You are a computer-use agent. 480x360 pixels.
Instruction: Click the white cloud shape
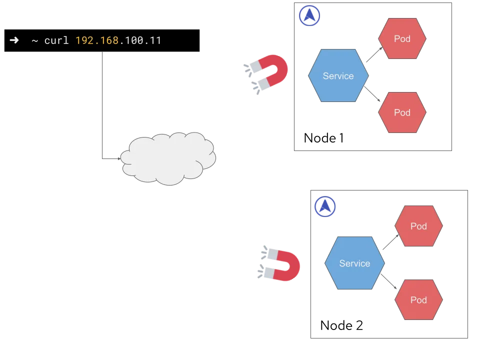click(168, 159)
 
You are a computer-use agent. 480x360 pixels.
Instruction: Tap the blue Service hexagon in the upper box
click(338, 76)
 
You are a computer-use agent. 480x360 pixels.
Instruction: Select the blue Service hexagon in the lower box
click(354, 263)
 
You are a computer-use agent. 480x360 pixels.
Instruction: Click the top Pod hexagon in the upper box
click(402, 38)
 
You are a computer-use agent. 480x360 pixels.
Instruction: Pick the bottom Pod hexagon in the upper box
click(402, 112)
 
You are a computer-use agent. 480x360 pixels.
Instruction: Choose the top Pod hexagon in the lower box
click(418, 226)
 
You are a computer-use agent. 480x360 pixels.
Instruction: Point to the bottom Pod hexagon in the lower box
click(418, 300)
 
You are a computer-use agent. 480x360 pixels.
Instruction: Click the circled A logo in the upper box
click(309, 16)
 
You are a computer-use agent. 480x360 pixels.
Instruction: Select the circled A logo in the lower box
click(325, 206)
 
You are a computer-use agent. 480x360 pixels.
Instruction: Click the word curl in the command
click(56, 40)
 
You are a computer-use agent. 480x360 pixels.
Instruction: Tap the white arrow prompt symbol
click(14, 40)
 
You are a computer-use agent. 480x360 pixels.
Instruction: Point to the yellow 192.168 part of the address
click(97, 40)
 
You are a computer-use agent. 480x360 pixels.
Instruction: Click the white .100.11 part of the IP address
click(140, 40)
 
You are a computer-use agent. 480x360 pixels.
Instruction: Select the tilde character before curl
click(34, 40)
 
